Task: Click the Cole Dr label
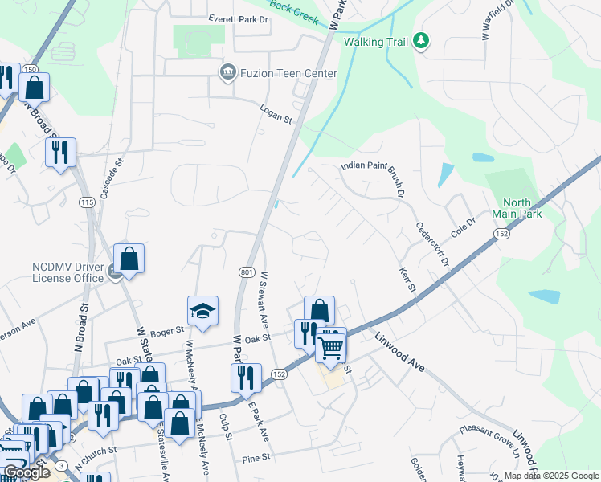point(464,226)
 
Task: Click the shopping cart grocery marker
point(330,348)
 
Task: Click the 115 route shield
point(87,203)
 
